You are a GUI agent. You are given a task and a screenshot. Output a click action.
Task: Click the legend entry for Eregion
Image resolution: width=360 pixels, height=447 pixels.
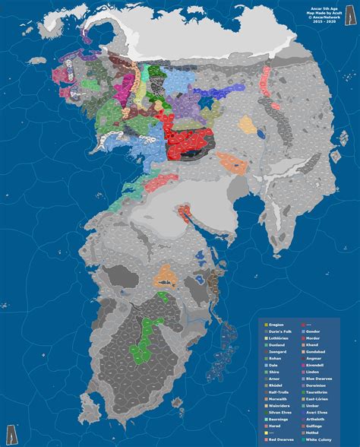tap(275, 325)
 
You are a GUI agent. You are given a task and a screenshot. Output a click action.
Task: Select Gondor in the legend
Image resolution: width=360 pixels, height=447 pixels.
tap(312, 332)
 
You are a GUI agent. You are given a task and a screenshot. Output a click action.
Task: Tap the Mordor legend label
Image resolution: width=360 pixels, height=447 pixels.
tap(312, 338)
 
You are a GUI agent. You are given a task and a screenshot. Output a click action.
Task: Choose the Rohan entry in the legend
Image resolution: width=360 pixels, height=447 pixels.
tap(273, 359)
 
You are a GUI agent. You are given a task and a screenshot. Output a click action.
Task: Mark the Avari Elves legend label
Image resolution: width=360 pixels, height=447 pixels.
tap(316, 412)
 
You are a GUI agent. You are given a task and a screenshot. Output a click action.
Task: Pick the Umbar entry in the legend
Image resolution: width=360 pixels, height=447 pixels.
tap(312, 405)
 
